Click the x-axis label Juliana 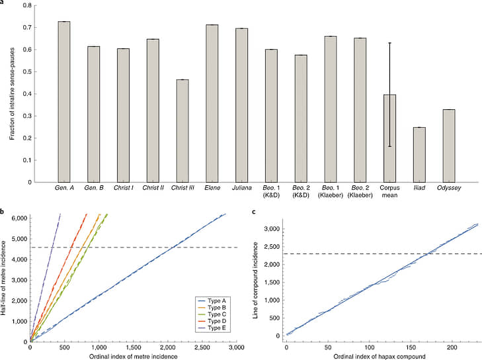pyautogui.click(x=241, y=188)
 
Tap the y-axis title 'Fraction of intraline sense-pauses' pyautogui.click(x=13, y=93)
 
